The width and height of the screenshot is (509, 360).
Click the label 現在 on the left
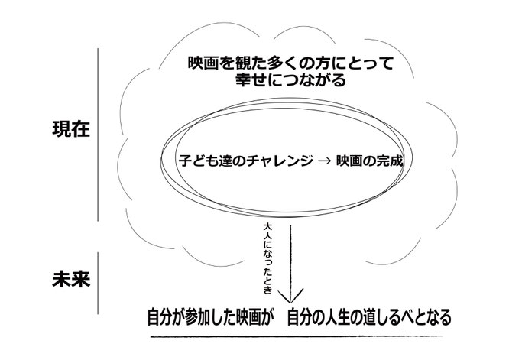pos(71,129)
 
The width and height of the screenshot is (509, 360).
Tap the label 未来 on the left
pos(71,279)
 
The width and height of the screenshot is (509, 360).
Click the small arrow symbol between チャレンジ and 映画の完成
pos(325,161)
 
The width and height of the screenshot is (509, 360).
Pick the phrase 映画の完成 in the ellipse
pos(369,161)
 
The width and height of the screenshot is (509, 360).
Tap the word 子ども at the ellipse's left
pos(198,161)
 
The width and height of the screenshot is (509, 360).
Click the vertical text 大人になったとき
pos(267,258)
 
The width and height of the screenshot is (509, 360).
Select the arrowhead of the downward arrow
pos(290,295)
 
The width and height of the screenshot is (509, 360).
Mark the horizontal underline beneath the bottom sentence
pos(297,336)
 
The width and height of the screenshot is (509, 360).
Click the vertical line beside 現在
pos(98,135)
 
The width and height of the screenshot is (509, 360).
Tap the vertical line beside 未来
pos(98,284)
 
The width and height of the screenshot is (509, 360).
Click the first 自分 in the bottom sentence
pos(162,317)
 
